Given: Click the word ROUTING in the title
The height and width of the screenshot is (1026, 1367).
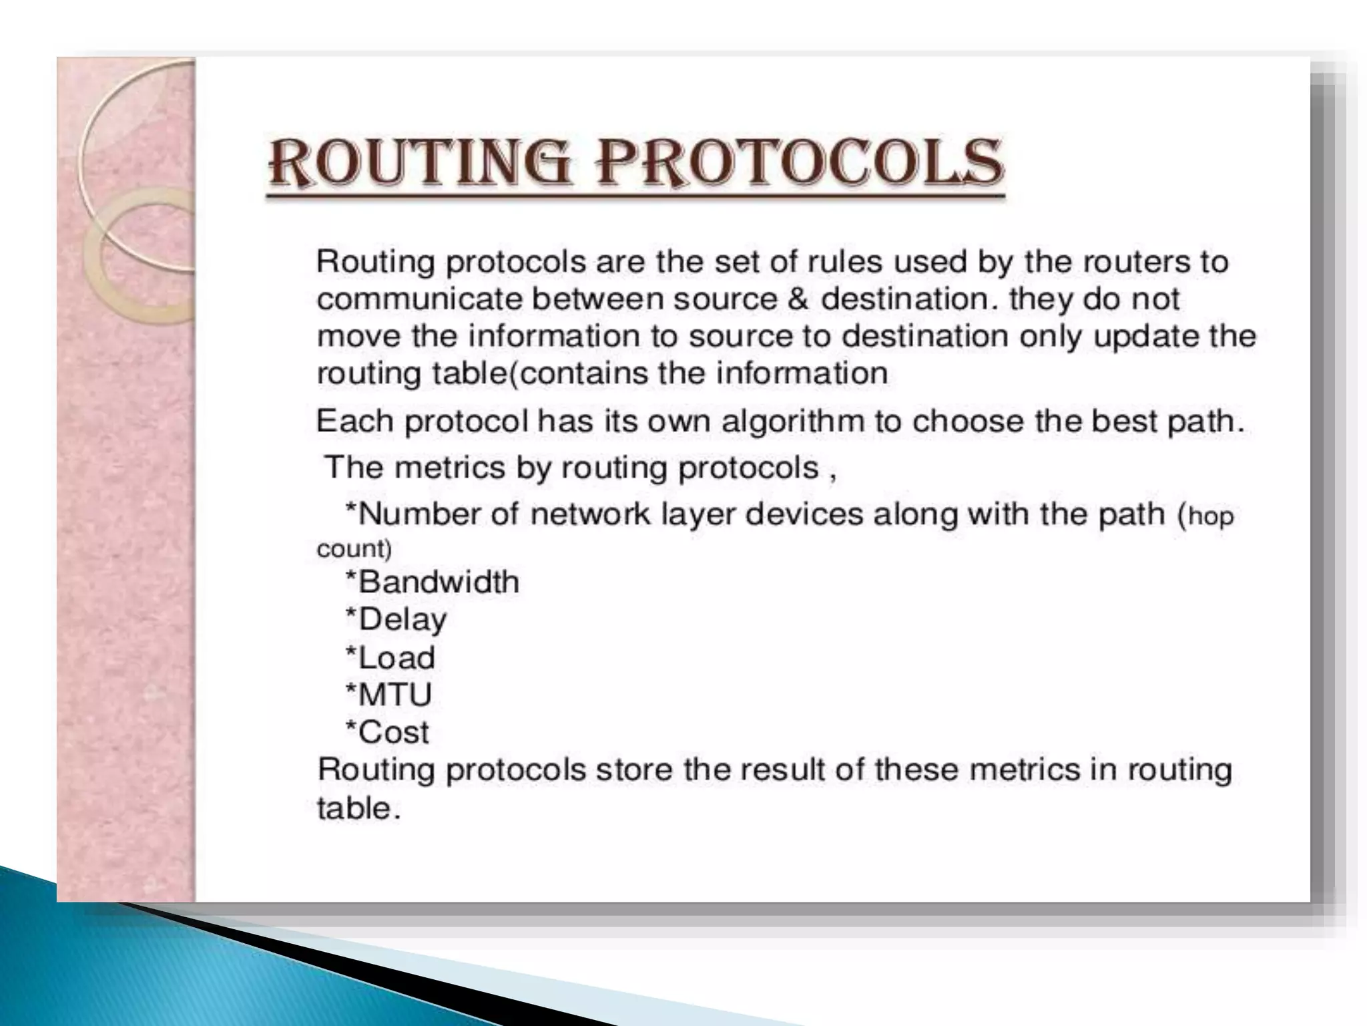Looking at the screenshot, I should (x=420, y=162).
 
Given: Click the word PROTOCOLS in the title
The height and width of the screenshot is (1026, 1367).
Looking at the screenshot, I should (x=800, y=162).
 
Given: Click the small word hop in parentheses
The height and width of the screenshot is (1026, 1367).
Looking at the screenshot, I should (x=1211, y=516).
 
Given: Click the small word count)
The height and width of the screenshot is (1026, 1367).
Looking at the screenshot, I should (x=354, y=549).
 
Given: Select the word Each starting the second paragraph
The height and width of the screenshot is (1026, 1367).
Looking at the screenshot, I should (x=355, y=421).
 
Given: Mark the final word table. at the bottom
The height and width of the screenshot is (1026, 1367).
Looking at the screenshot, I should (x=358, y=809).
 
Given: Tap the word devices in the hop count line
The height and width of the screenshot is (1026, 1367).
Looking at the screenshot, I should (x=804, y=514).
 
